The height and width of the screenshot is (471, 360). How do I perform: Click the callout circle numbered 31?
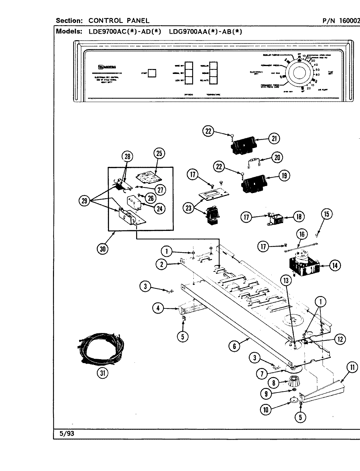click(x=103, y=373)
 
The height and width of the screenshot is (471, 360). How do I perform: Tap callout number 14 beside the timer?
click(x=334, y=265)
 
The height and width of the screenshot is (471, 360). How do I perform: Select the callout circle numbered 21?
click(x=274, y=139)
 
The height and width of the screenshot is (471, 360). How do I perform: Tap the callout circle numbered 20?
click(x=277, y=157)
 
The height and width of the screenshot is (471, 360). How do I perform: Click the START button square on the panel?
click(x=152, y=73)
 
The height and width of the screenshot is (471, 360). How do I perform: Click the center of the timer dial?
click(x=299, y=73)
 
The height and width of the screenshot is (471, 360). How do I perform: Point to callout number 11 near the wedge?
click(x=352, y=368)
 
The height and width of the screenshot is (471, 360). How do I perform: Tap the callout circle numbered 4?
click(x=158, y=308)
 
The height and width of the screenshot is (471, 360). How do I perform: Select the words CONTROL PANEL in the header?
click(x=119, y=21)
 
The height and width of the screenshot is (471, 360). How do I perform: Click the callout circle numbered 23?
click(x=189, y=208)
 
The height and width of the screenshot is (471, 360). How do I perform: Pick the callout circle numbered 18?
click(x=298, y=216)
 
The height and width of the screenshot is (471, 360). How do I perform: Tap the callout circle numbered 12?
click(x=340, y=339)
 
